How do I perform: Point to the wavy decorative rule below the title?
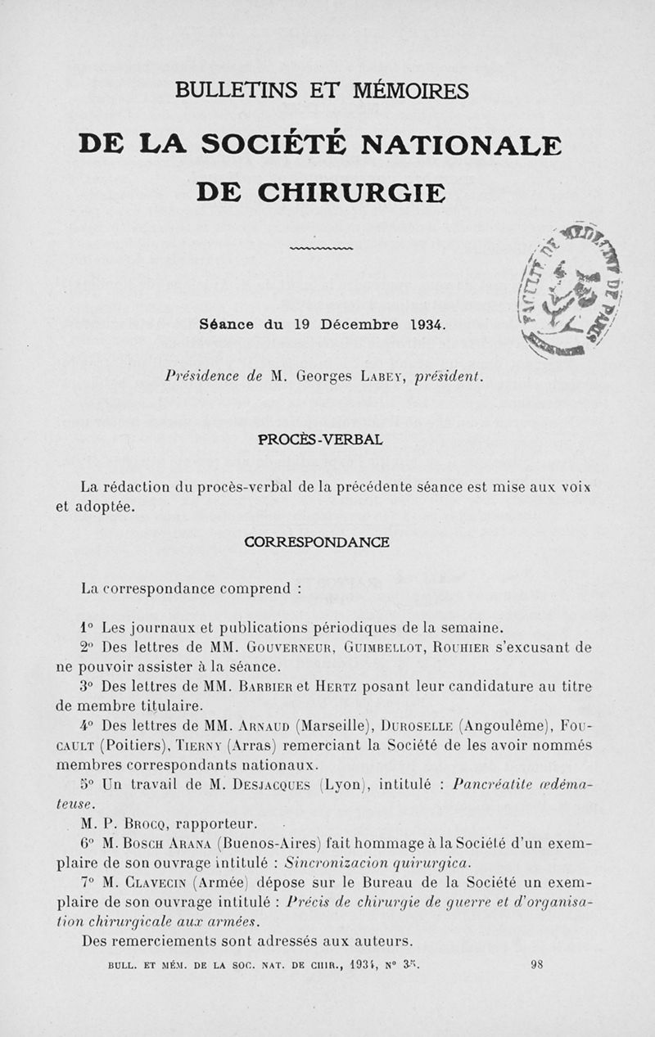[321, 248]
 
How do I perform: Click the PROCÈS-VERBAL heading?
[321, 440]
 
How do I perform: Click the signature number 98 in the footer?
[538, 965]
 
